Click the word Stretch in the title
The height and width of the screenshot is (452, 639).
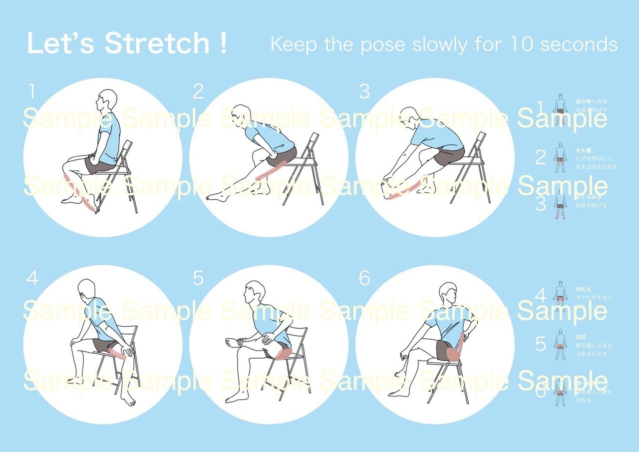pyautogui.click(x=157, y=43)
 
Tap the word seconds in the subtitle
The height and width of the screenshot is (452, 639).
pyautogui.click(x=579, y=44)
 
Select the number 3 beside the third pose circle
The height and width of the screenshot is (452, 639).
pyautogui.click(x=365, y=91)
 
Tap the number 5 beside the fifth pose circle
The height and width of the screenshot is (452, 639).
pyautogui.click(x=198, y=279)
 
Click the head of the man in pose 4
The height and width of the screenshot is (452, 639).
pyautogui.click(x=86, y=290)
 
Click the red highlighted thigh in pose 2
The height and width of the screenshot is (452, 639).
pyautogui.click(x=270, y=170)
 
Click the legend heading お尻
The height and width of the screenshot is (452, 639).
pyautogui.click(x=581, y=337)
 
